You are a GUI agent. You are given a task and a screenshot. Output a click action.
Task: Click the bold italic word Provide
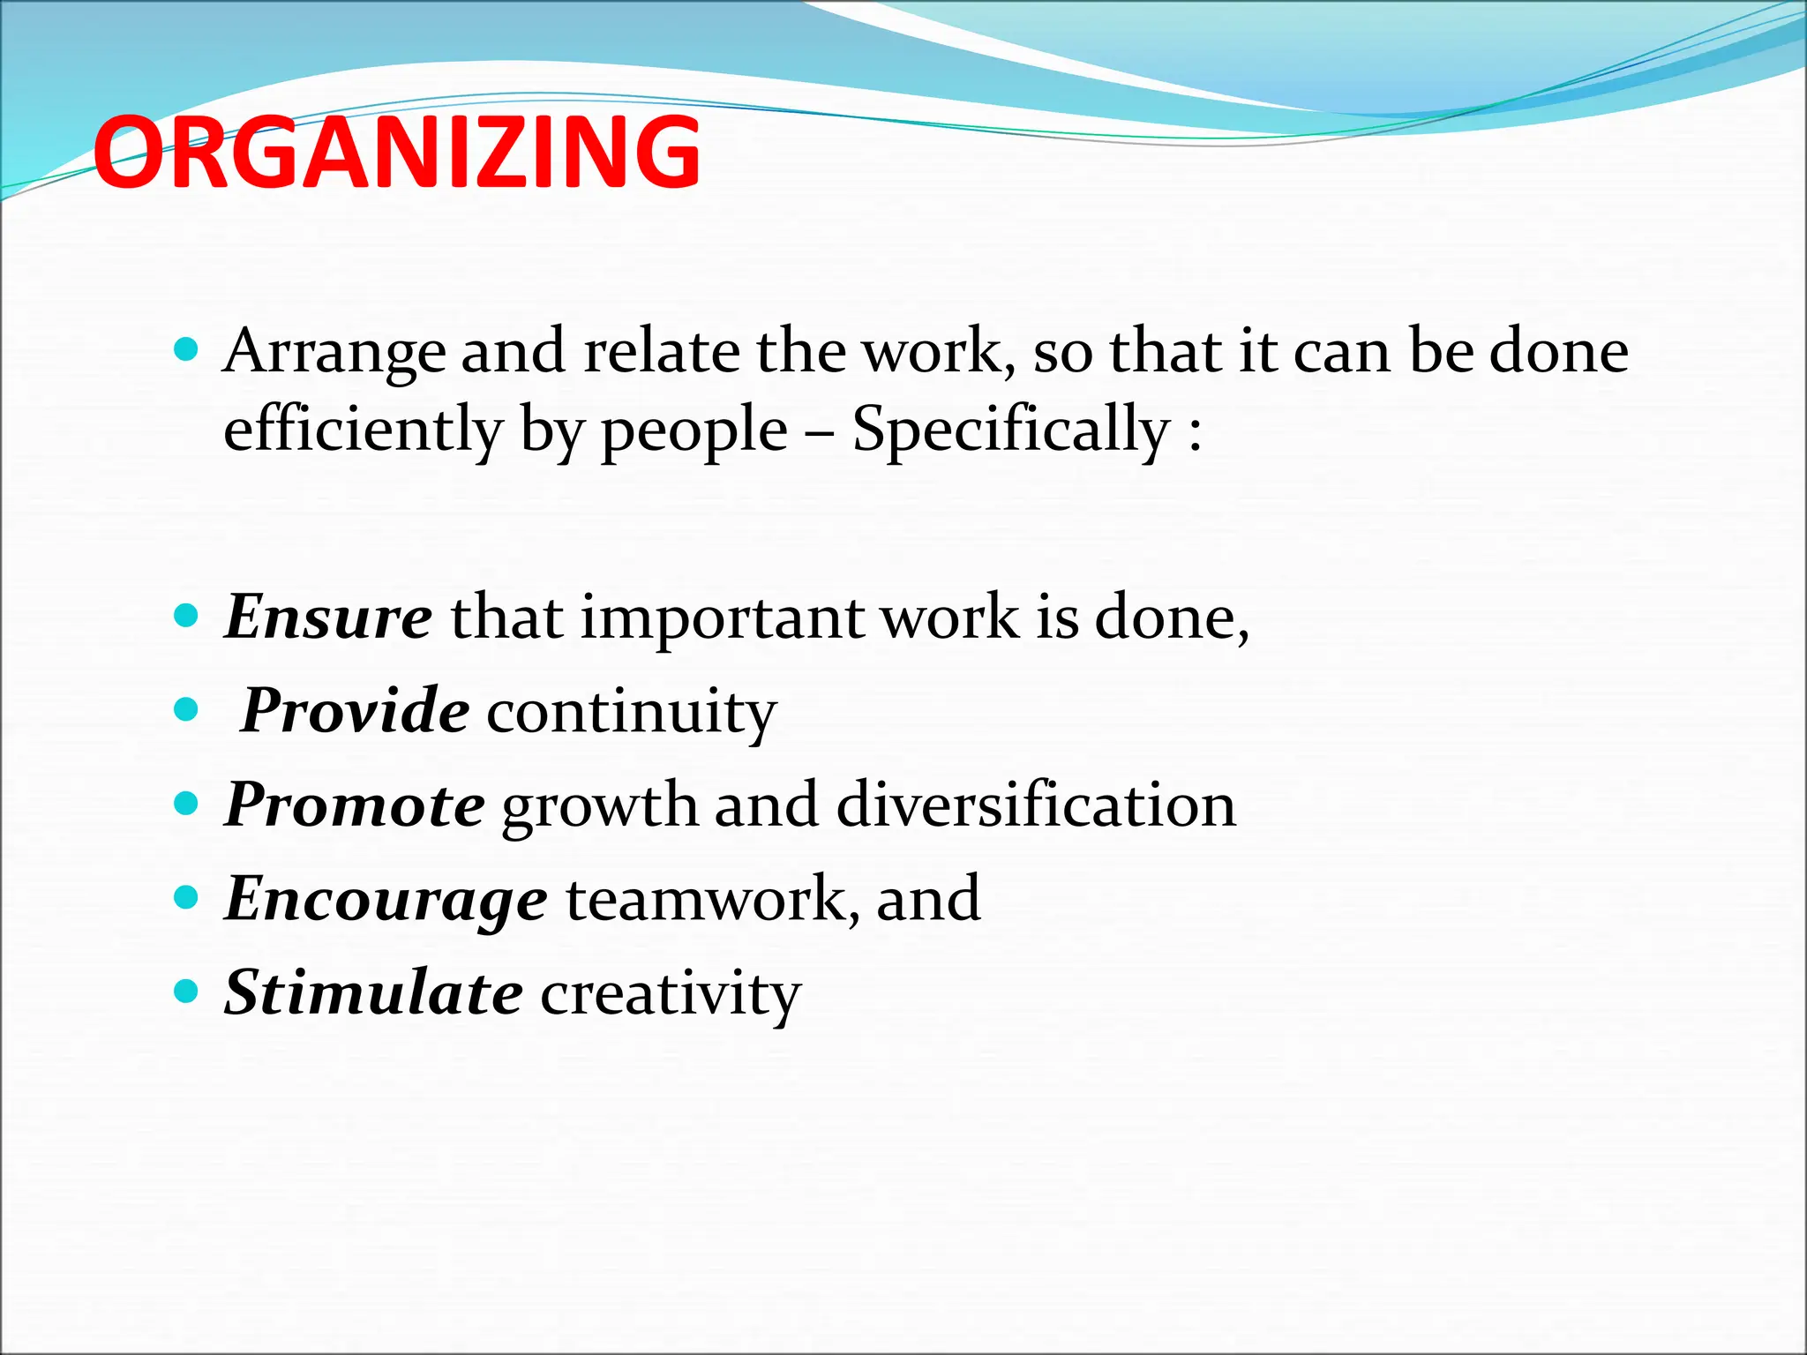point(355,710)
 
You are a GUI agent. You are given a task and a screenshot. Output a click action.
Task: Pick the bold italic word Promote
point(355,805)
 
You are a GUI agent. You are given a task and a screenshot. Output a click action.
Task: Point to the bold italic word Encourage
point(386,899)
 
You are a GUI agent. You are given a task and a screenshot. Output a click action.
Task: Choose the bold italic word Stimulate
point(373,992)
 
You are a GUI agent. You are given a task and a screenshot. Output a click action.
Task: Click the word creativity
point(671,994)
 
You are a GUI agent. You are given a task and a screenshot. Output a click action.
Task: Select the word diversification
point(1036,805)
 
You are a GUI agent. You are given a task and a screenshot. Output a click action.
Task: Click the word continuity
point(631,711)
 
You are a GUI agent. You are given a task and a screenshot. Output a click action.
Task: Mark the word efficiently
point(363,430)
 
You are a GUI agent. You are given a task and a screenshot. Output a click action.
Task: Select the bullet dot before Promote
point(186,804)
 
